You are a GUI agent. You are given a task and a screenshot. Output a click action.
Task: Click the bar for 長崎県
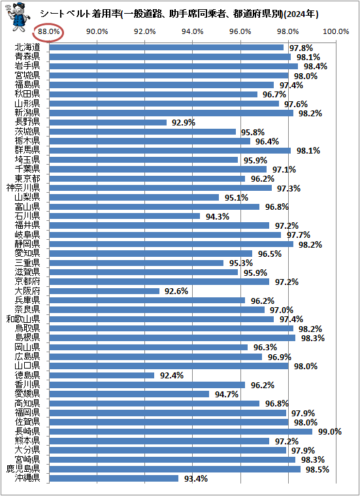coord(189,431)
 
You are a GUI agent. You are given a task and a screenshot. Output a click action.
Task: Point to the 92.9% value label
coord(184,122)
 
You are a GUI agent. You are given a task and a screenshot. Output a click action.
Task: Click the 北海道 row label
coord(27,47)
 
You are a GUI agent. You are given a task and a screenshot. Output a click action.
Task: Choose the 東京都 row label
coord(27,178)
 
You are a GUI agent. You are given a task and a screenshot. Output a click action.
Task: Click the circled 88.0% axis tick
coord(50,31)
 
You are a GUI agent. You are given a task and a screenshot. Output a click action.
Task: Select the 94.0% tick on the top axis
coord(193,31)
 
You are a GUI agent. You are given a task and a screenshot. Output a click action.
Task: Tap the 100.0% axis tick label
coord(336,31)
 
